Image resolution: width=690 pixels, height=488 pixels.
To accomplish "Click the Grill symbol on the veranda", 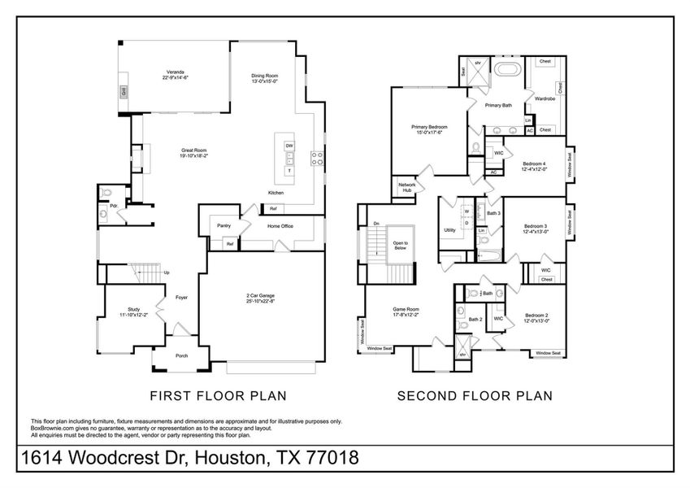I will (124, 92).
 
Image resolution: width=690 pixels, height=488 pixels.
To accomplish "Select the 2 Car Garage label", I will (261, 298).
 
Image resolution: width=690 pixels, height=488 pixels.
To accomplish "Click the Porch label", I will (182, 355).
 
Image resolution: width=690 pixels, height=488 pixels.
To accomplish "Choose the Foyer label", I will (181, 298).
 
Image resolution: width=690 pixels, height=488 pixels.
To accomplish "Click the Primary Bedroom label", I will (428, 129).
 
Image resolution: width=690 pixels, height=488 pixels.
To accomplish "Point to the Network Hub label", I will (407, 187).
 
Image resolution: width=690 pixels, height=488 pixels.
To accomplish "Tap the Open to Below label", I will (401, 246).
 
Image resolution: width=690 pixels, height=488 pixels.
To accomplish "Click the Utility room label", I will (449, 230).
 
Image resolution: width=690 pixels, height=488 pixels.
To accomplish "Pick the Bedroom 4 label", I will (534, 166).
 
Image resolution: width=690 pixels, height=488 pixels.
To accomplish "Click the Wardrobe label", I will (545, 99).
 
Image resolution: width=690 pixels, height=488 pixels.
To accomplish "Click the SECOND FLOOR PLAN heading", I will (475, 396).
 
